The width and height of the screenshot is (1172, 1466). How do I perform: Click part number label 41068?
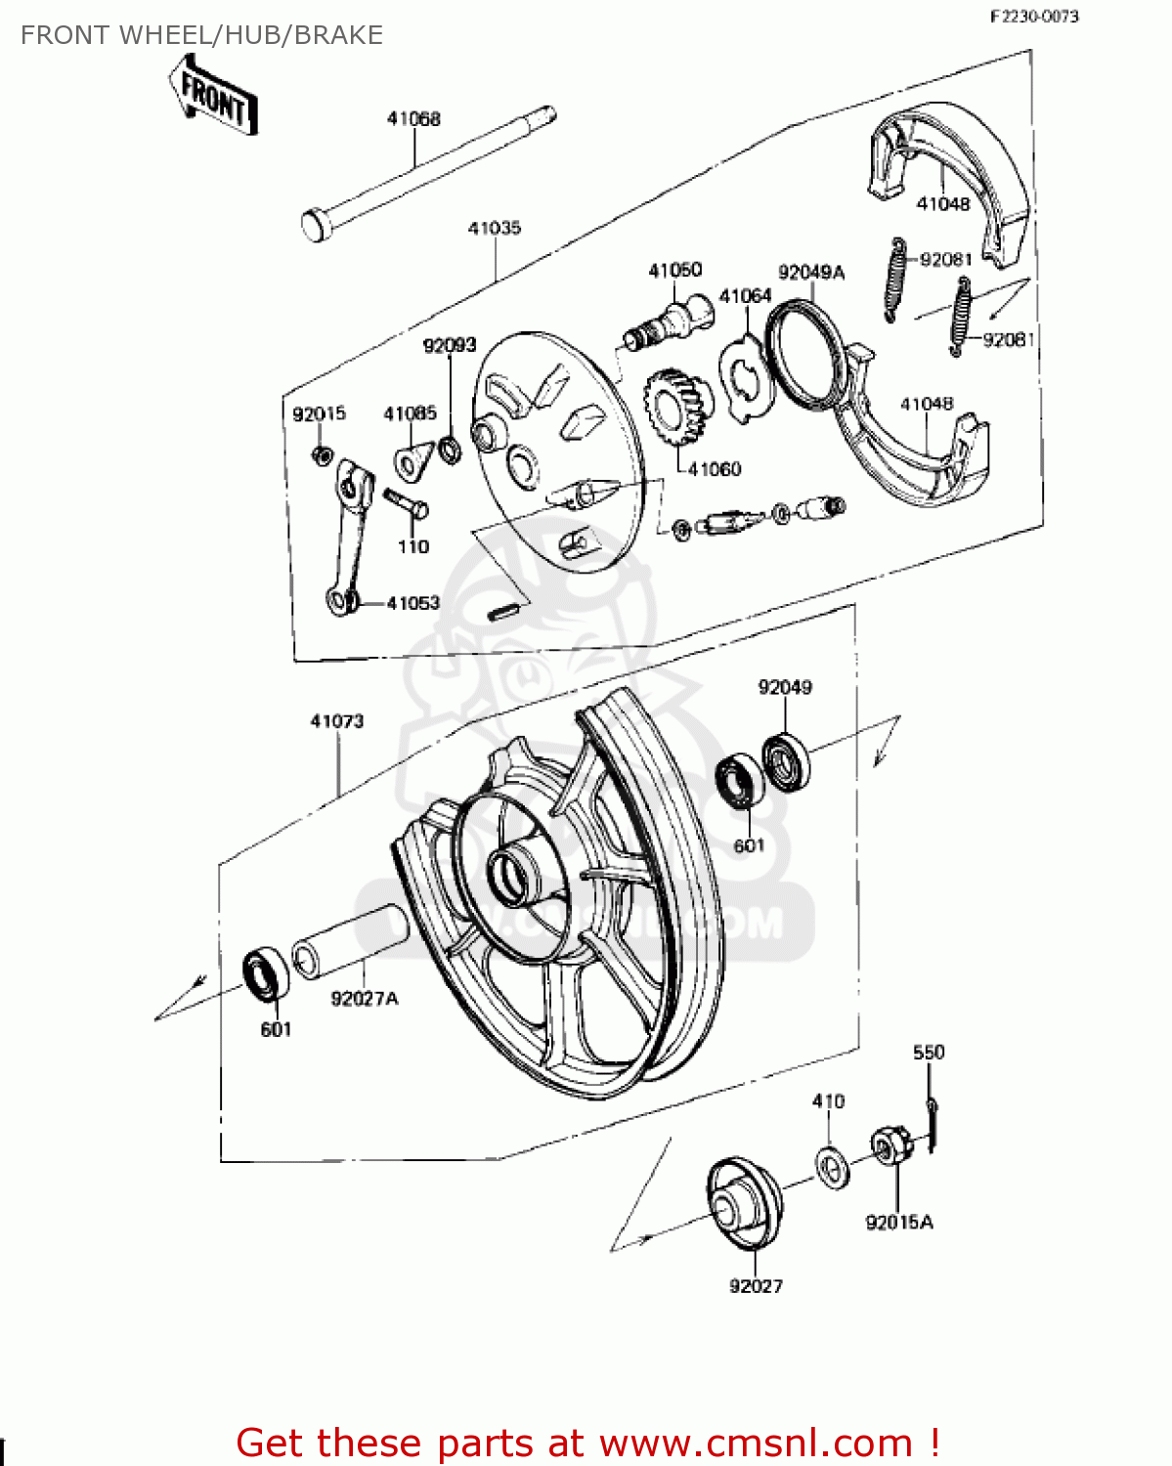click(413, 118)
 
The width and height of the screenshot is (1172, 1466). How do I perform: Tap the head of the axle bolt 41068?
click(315, 225)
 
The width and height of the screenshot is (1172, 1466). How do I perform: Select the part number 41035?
click(494, 228)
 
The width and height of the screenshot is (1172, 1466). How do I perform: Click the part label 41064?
click(745, 295)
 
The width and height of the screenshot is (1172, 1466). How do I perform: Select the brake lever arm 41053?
click(349, 538)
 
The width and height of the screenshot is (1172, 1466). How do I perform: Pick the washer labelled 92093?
click(451, 450)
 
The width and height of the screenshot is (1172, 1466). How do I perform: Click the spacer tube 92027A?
click(350, 941)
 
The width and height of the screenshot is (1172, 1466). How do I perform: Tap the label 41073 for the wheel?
click(337, 721)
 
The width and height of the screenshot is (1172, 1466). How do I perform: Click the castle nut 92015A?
click(890, 1145)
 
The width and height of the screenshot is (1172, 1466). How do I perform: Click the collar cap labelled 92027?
click(744, 1204)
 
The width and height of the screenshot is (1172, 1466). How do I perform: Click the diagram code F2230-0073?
click(1034, 16)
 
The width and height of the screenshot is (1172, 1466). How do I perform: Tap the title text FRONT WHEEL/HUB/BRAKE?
click(202, 35)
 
